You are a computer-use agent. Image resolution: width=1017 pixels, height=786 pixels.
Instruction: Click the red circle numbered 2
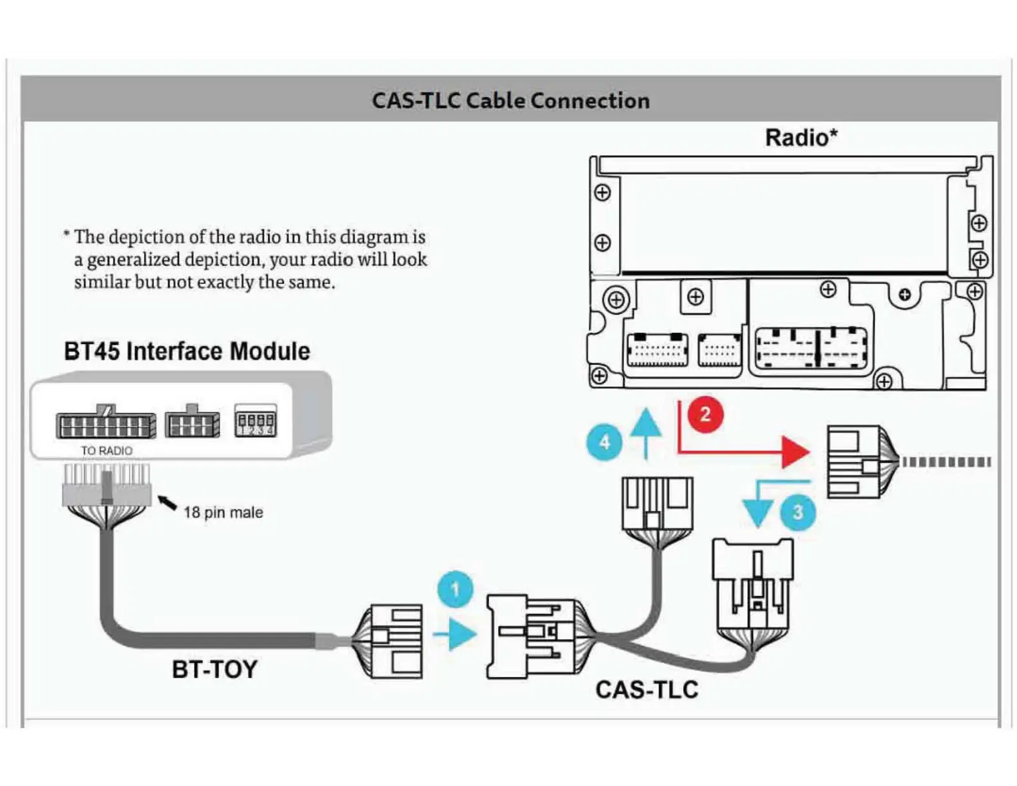705,414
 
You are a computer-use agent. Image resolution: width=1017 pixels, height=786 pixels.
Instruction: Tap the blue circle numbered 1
455,589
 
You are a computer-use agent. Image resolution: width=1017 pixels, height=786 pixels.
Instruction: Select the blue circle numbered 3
797,512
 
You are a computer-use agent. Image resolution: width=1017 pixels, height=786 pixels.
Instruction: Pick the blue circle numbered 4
604,442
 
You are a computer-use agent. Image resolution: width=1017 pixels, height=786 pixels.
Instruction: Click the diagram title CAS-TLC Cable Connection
510,101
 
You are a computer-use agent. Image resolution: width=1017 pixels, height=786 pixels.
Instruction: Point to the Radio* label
801,138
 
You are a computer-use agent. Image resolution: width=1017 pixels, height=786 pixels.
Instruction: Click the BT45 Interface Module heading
187,352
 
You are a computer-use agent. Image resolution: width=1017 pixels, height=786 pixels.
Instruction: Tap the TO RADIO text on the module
107,451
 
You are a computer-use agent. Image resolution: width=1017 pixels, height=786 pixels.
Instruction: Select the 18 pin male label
223,513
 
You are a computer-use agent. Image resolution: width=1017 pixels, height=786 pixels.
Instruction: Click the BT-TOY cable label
214,670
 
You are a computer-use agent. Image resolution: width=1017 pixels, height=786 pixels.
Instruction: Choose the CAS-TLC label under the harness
647,690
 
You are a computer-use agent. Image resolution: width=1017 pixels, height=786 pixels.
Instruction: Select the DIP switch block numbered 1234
256,422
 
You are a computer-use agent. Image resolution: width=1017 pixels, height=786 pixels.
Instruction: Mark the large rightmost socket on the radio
811,348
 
